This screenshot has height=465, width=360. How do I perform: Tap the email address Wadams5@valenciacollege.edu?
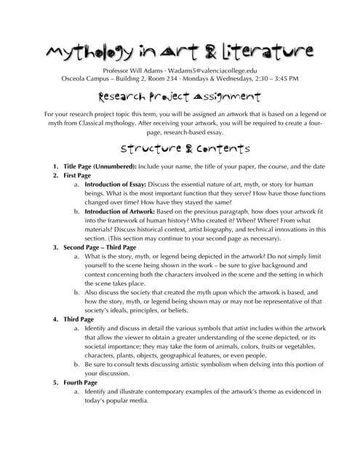218,70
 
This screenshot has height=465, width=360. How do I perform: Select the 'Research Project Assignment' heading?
180,97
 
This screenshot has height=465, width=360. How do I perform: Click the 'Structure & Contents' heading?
180,150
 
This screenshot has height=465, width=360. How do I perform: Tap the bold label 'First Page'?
77,176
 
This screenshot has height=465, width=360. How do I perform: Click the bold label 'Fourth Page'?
80,382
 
